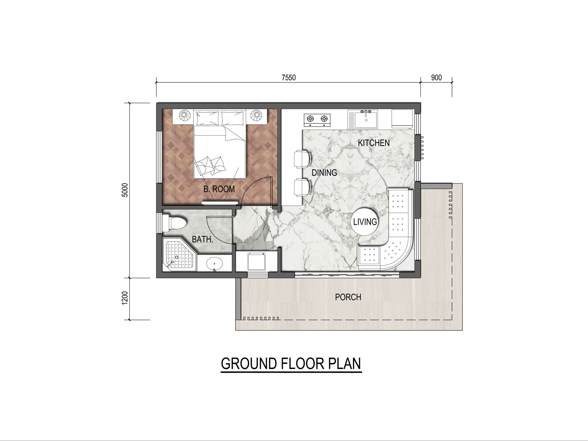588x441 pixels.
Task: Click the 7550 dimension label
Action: pyautogui.click(x=289, y=78)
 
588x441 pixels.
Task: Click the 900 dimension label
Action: pyautogui.click(x=436, y=78)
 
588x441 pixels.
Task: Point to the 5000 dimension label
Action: pyautogui.click(x=125, y=190)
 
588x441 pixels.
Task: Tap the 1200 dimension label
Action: pyautogui.click(x=125, y=298)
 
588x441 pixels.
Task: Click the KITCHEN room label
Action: pyautogui.click(x=374, y=143)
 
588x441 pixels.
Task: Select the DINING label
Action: pyautogui.click(x=324, y=173)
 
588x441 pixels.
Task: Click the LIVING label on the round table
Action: pyautogui.click(x=365, y=222)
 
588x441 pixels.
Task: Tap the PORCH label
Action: pyautogui.click(x=348, y=297)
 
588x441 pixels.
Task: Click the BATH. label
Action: pyautogui.click(x=203, y=239)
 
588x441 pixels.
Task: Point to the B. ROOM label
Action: pyautogui.click(x=219, y=189)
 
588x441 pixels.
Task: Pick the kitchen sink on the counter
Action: pyautogui.click(x=363, y=119)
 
